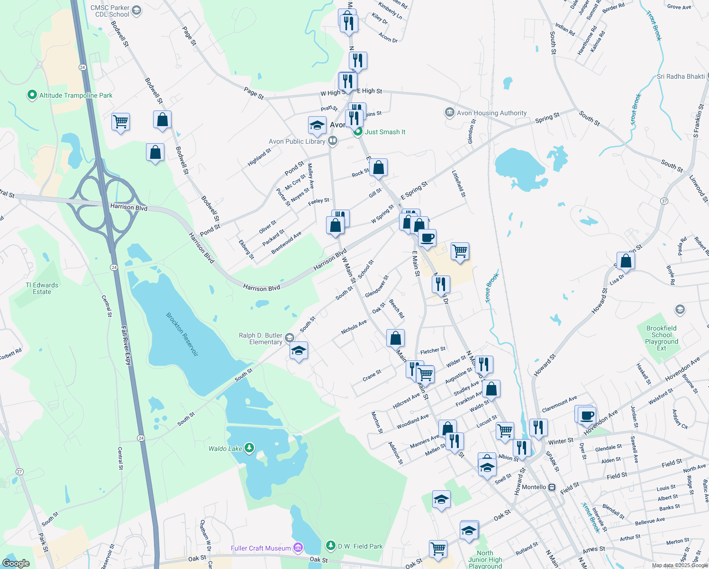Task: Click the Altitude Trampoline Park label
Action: (x=75, y=95)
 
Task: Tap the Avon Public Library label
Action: (x=297, y=141)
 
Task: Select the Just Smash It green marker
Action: (x=358, y=132)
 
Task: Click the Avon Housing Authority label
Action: (x=491, y=113)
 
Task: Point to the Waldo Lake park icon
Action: (x=249, y=448)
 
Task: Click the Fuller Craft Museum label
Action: (x=261, y=548)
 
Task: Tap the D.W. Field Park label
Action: (x=360, y=546)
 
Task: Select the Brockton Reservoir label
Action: (x=182, y=334)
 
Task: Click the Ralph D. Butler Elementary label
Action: (x=260, y=339)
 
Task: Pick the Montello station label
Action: (x=534, y=487)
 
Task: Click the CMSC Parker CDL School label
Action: (x=110, y=11)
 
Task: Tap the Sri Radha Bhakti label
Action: (x=681, y=76)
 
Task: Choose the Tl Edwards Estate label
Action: (x=42, y=288)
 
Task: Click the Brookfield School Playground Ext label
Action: (x=662, y=338)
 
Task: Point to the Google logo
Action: (x=16, y=563)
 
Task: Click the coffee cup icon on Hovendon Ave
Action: (x=587, y=415)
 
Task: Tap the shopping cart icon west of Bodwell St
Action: (x=121, y=122)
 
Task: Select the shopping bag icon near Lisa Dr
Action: (x=626, y=261)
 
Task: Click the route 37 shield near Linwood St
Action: (x=664, y=201)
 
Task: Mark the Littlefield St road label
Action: (x=459, y=184)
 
